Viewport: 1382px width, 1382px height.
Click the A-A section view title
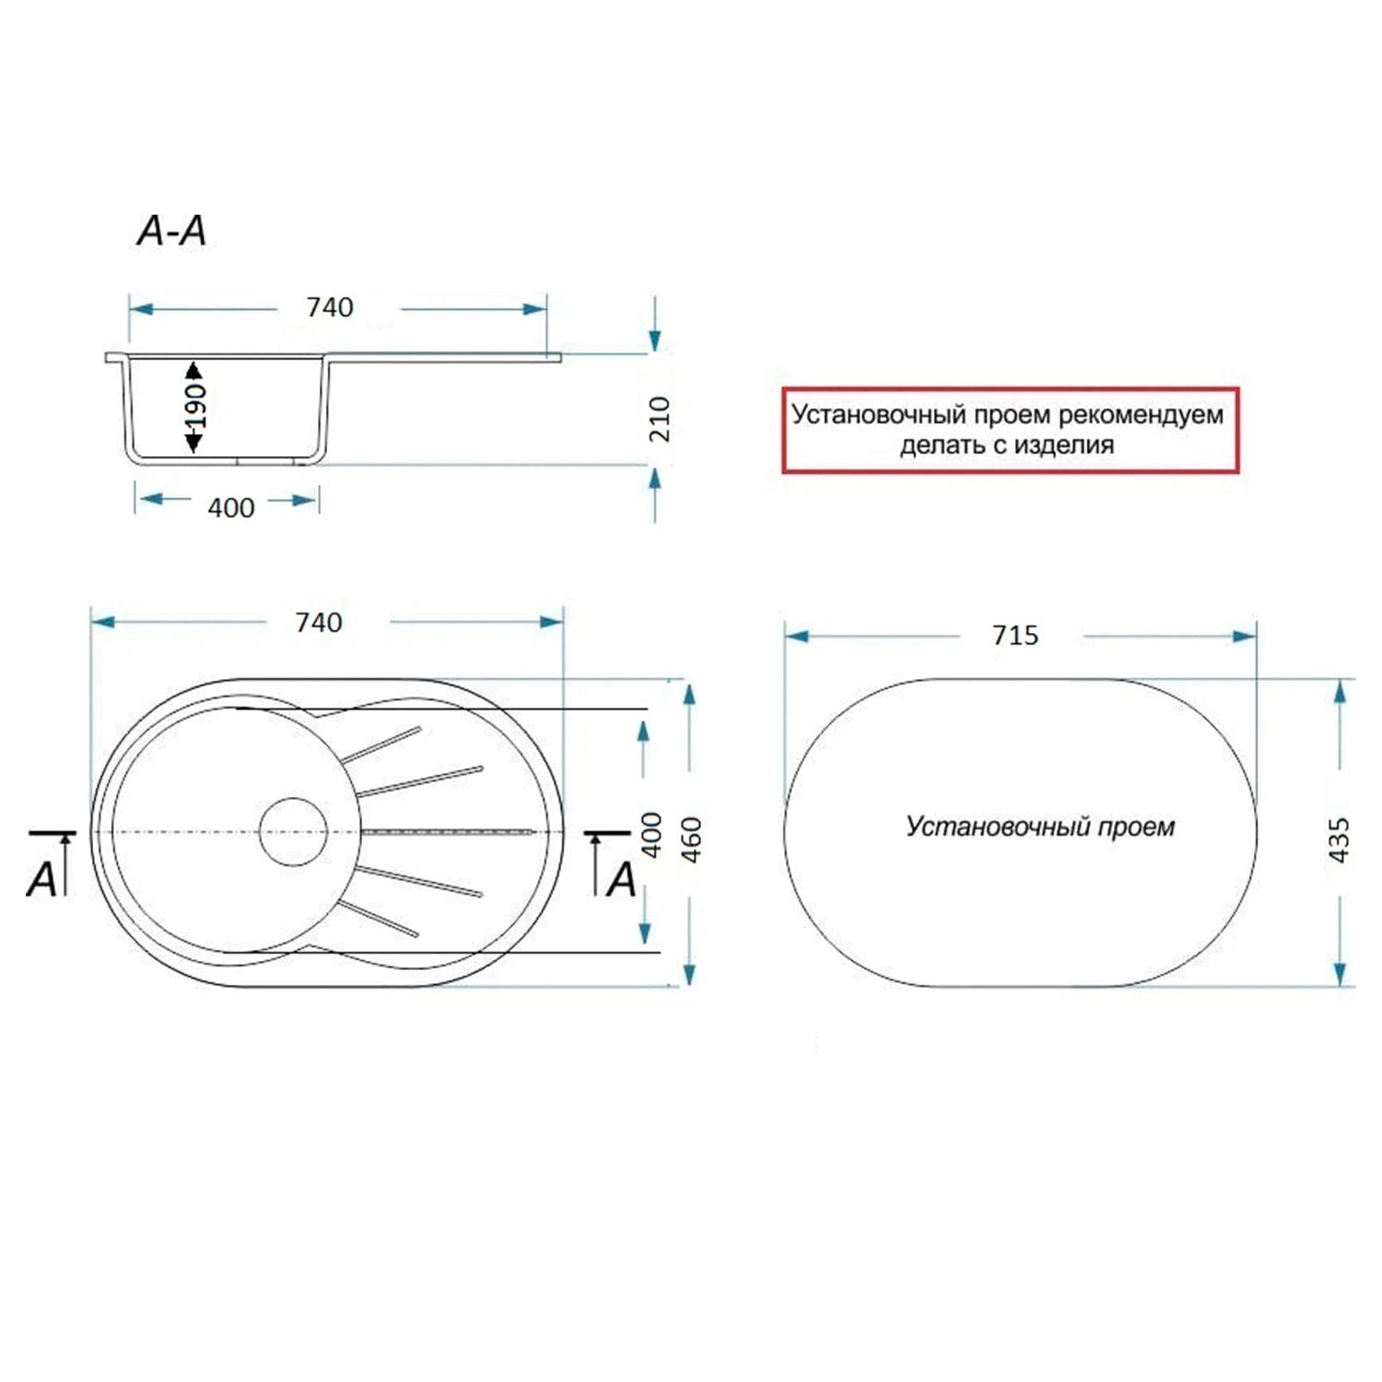pyautogui.click(x=171, y=230)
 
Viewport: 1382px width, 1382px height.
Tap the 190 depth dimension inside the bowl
pyautogui.click(x=194, y=407)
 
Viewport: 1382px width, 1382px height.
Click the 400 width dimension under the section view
pyautogui.click(x=230, y=508)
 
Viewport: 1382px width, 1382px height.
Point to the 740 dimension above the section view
pyautogui.click(x=329, y=307)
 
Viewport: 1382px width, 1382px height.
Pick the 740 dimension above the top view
pyautogui.click(x=318, y=623)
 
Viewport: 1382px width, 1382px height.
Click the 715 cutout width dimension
pyautogui.click(x=1014, y=636)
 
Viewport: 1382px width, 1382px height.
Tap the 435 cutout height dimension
pyautogui.click(x=1339, y=839)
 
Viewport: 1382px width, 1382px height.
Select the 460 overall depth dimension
pyautogui.click(x=691, y=838)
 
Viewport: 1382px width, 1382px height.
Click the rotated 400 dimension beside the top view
pyautogui.click(x=651, y=835)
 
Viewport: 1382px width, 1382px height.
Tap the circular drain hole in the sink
pyautogui.click(x=293, y=831)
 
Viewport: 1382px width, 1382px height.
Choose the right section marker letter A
pyautogui.click(x=622, y=879)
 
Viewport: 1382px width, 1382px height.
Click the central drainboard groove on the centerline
pyautogui.click(x=447, y=832)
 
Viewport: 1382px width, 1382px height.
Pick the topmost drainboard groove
pyautogui.click(x=381, y=744)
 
